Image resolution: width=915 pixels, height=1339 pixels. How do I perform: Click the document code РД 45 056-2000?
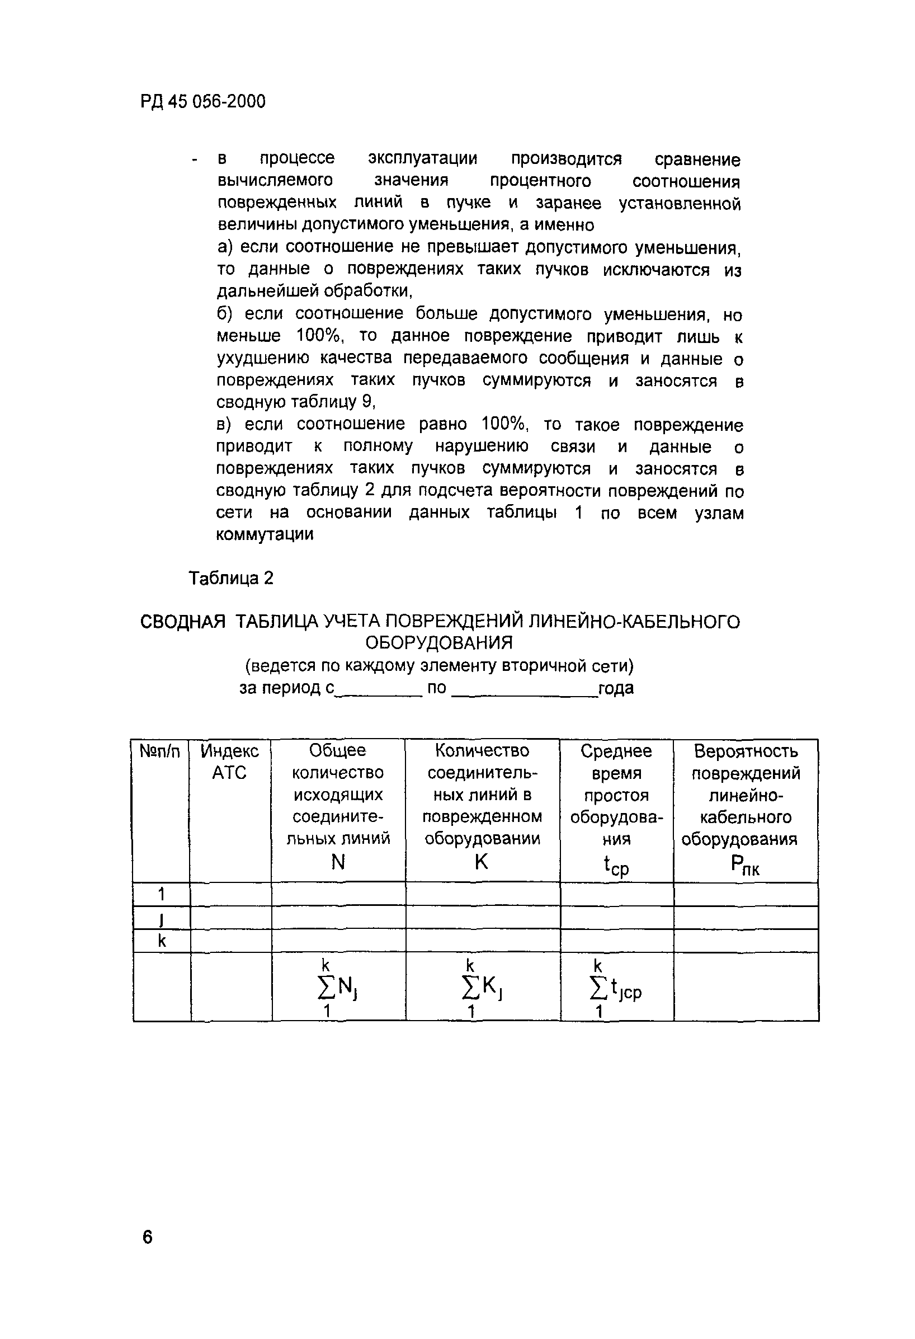(x=202, y=102)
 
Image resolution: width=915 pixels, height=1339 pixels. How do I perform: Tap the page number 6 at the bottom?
(x=148, y=1237)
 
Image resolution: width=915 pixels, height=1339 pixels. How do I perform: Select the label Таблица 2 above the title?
(x=231, y=578)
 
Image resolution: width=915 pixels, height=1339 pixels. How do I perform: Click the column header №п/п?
(x=160, y=751)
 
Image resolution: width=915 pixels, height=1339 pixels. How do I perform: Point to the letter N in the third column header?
(x=338, y=862)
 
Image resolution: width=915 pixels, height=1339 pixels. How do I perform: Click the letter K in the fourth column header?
(x=482, y=862)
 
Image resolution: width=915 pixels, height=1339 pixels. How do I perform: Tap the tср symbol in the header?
(x=616, y=866)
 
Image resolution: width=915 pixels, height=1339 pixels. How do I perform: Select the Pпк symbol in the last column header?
(x=744, y=866)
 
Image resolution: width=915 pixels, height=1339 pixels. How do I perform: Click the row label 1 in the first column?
(x=161, y=894)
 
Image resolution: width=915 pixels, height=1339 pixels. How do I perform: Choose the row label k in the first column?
(x=161, y=941)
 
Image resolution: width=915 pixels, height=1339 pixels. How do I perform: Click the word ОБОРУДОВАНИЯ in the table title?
(x=440, y=642)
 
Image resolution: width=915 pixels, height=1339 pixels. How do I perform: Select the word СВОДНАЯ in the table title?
(x=183, y=622)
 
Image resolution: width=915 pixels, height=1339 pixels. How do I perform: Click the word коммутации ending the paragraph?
(x=265, y=535)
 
